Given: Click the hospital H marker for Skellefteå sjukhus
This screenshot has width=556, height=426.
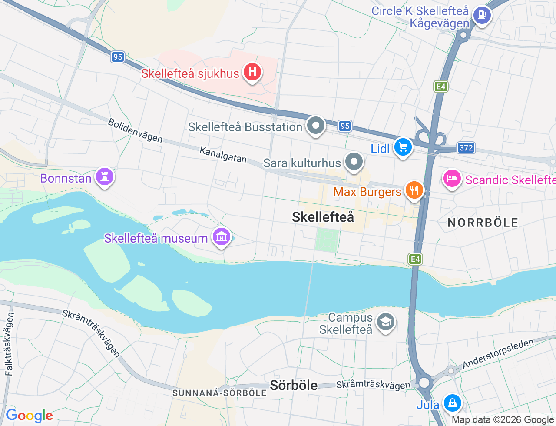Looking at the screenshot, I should pyautogui.click(x=252, y=72).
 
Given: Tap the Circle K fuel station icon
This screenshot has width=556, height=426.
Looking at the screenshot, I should pyautogui.click(x=481, y=16).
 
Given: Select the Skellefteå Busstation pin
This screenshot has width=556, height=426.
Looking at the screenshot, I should pyautogui.click(x=316, y=126).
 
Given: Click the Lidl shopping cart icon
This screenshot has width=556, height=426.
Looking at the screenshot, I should pyautogui.click(x=403, y=147).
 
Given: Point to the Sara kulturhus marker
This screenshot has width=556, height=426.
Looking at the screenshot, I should pyautogui.click(x=354, y=162).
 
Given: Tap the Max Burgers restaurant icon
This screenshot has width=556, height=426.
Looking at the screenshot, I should pyautogui.click(x=414, y=190).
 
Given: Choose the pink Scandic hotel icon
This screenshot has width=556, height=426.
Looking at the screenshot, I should pyautogui.click(x=452, y=179).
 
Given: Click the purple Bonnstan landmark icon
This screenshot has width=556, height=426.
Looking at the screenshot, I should pyautogui.click(x=104, y=177).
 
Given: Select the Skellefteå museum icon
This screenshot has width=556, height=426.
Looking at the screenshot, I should pyautogui.click(x=221, y=237).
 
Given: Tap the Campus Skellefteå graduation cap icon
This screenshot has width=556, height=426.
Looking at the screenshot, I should pyautogui.click(x=385, y=323).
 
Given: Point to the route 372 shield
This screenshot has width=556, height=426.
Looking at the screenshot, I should pyautogui.click(x=466, y=148).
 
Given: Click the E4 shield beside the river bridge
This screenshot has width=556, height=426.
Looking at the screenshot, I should pyautogui.click(x=415, y=260).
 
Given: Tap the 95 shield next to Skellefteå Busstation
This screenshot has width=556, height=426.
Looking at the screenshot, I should pyautogui.click(x=345, y=126).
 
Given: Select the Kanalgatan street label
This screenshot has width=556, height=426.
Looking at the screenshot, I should pyautogui.click(x=223, y=155).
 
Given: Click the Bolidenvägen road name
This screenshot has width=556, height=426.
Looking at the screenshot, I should pyautogui.click(x=135, y=130).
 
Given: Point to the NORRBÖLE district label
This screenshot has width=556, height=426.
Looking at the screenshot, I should pyautogui.click(x=483, y=223).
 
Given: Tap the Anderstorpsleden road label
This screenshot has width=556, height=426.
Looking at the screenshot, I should pyautogui.click(x=498, y=354).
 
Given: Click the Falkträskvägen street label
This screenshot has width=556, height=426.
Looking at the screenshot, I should pyautogui.click(x=9, y=344).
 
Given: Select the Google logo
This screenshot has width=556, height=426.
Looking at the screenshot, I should pyautogui.click(x=29, y=416).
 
